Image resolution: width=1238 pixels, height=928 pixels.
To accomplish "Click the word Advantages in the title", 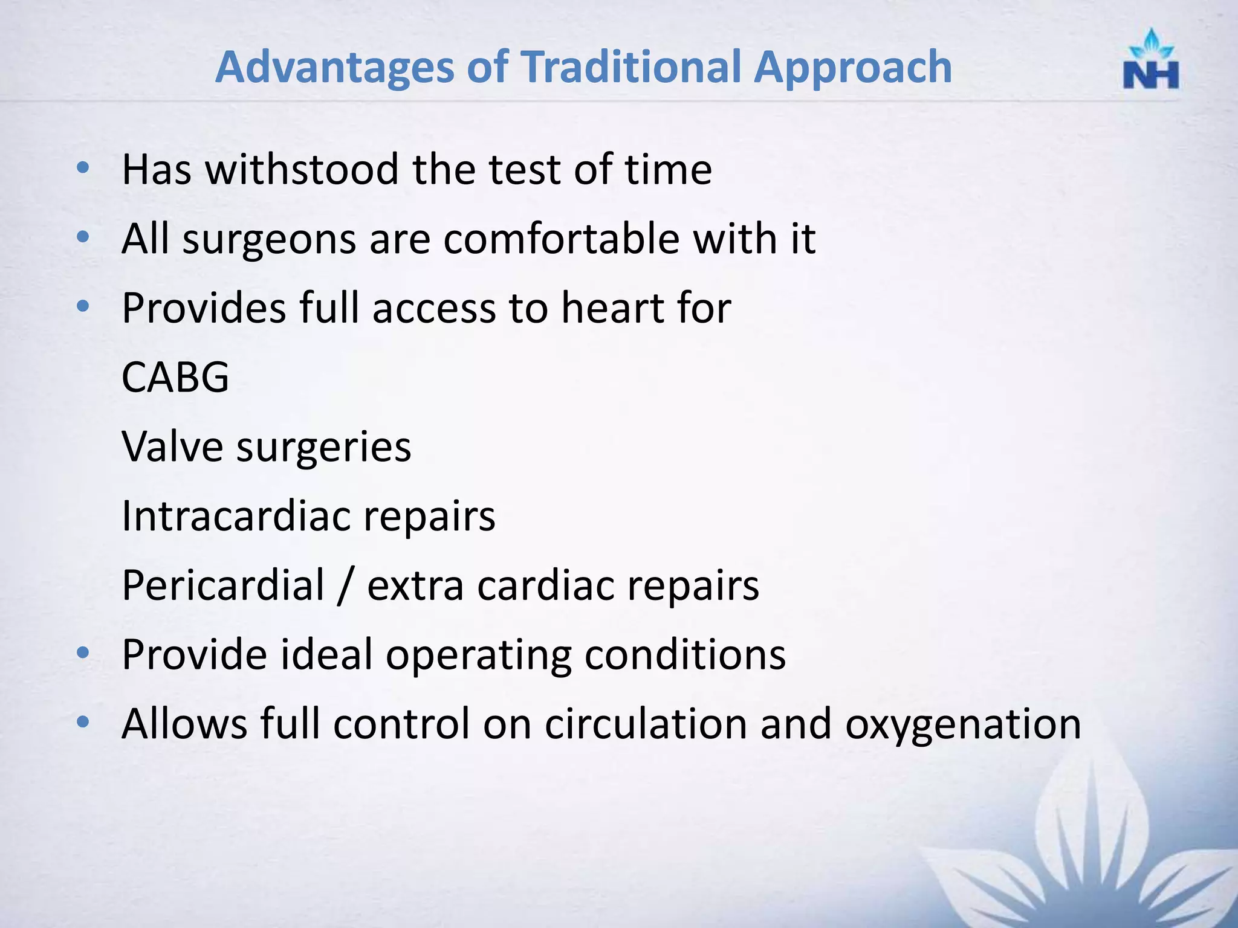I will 334,67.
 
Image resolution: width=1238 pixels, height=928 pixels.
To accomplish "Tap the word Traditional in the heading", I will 631,67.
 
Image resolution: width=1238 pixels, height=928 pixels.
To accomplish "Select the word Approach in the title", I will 853,67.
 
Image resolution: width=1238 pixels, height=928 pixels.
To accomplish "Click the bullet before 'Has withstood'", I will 83,167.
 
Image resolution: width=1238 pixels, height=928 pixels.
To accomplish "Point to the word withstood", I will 302,170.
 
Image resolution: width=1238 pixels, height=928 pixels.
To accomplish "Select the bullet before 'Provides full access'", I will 83,306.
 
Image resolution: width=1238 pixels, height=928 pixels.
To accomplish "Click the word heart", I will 612,308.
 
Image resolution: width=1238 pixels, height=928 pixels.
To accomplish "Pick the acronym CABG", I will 175,378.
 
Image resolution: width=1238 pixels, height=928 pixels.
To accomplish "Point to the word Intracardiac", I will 236,516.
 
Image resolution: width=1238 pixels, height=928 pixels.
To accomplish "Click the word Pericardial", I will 223,585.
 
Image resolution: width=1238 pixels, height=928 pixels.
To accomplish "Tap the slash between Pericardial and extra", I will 346,585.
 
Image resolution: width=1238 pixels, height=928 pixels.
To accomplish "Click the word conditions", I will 685,655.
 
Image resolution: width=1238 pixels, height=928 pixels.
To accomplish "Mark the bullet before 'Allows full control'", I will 83,721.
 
